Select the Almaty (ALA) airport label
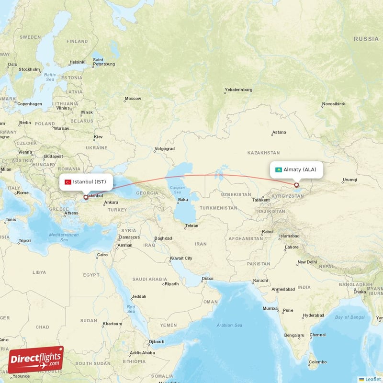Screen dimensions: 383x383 point(300,169)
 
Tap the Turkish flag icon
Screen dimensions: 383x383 point(68,182)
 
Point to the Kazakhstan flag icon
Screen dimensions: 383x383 point(278,169)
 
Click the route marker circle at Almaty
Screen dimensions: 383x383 point(296,185)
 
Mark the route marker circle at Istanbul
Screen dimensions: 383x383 point(86,197)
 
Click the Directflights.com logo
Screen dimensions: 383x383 point(36,359)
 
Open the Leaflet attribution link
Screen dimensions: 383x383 point(372,379)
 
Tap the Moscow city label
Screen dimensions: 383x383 point(133,99)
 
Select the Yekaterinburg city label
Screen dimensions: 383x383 point(238,90)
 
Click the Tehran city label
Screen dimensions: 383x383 point(191,225)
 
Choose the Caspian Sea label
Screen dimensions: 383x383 point(177,189)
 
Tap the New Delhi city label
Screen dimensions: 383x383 point(307,262)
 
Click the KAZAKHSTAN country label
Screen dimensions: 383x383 point(263,153)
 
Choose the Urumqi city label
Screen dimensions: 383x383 point(349,180)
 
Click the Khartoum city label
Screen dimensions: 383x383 point(112,324)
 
